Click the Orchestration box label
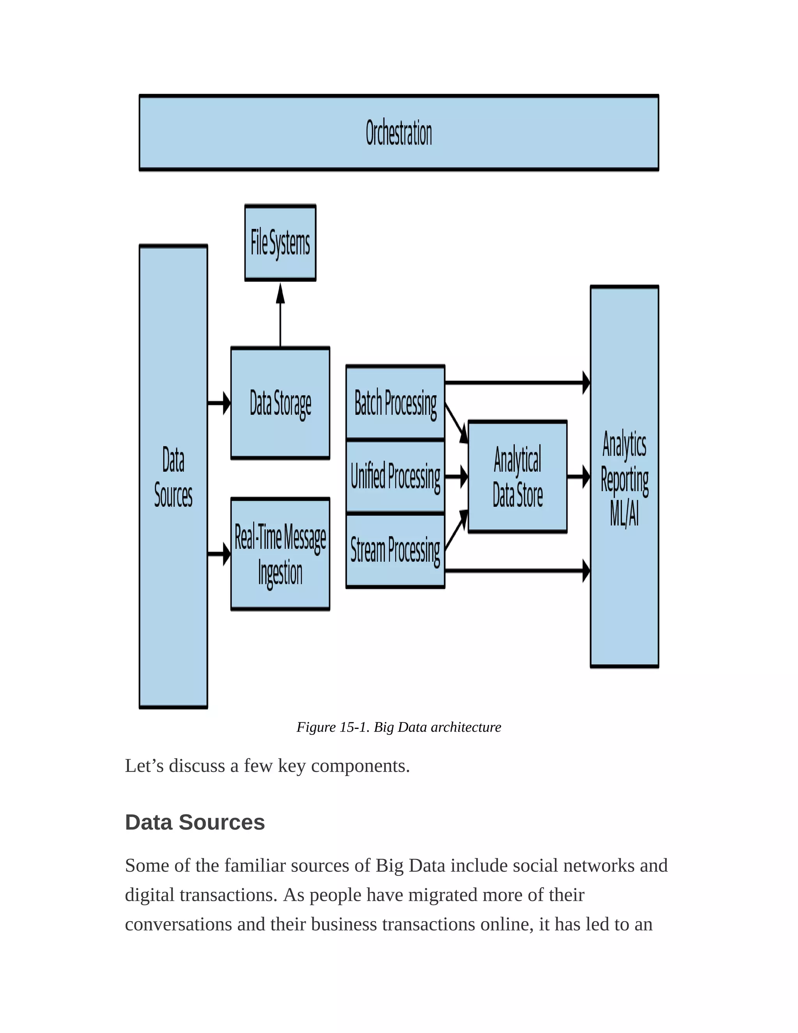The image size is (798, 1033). click(x=399, y=133)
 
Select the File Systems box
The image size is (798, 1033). click(x=280, y=242)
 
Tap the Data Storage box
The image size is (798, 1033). click(x=280, y=403)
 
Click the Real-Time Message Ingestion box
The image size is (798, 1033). click(x=280, y=554)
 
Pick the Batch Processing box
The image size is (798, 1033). click(x=395, y=403)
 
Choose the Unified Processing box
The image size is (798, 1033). click(x=395, y=476)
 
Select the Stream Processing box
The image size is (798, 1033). click(x=395, y=550)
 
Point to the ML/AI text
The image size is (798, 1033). click(x=624, y=513)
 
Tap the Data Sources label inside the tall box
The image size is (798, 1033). click(x=173, y=477)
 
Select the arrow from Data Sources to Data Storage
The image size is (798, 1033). click(x=219, y=403)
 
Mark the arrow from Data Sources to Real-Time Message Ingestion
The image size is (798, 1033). click(x=219, y=554)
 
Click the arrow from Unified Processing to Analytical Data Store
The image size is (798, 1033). click(x=456, y=476)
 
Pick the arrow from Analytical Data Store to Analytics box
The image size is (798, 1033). click(x=579, y=476)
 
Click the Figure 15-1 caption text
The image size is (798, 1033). click(x=399, y=727)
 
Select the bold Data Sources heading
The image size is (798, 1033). click(x=195, y=823)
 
